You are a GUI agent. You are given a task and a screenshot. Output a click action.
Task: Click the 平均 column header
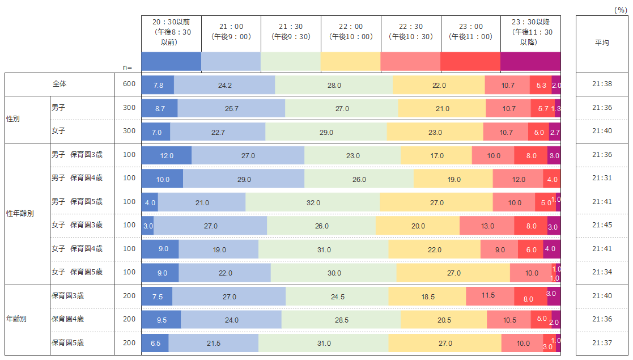602,43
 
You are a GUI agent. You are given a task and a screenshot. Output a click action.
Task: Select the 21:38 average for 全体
602,85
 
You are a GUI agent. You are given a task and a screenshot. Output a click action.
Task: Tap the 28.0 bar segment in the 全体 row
334,85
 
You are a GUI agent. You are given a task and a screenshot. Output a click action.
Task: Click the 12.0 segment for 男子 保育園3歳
167,155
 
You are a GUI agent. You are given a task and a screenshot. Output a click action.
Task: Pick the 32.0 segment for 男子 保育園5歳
313,202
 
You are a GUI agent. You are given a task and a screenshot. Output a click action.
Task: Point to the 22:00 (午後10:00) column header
351,32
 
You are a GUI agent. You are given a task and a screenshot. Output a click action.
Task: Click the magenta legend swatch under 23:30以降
530,61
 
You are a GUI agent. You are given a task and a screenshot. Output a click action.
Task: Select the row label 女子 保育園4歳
77,248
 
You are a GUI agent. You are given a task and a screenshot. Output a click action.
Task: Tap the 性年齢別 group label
20,213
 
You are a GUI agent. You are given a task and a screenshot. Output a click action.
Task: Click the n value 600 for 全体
129,84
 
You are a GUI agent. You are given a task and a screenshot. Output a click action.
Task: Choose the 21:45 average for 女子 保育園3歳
602,225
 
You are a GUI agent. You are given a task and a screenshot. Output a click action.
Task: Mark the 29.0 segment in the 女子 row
326,132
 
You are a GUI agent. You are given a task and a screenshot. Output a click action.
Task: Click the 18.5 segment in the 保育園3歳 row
427,297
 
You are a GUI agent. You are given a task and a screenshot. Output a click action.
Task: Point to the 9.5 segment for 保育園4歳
161,320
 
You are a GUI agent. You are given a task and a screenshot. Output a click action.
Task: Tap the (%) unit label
621,10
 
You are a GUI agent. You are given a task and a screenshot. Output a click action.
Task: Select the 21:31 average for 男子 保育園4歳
602,178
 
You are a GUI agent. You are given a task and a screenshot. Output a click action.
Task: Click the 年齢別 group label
16,319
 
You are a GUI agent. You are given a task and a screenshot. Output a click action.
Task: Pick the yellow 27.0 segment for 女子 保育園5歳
453,273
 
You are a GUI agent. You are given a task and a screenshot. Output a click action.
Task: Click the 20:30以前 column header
171,32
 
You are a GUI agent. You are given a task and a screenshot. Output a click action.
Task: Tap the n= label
128,67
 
